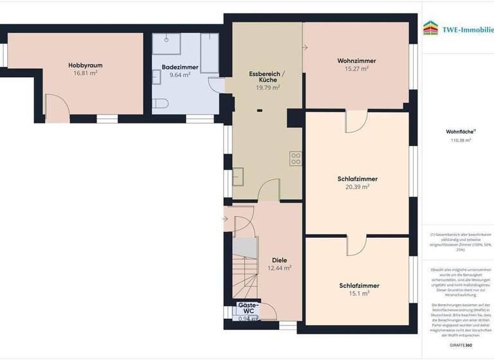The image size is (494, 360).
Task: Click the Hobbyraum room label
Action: pos(86,65)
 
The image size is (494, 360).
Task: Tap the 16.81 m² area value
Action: pos(86,73)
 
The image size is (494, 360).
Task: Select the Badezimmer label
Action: pos(180,67)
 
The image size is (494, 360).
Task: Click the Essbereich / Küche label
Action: pos(267,77)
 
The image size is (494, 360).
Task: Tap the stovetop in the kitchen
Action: pos(295,158)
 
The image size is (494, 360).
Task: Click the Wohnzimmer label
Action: pos(356,60)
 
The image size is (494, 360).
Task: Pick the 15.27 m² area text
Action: pos(356,69)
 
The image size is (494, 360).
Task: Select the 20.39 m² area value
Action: pos(357,187)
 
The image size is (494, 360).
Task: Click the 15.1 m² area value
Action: pos(359,294)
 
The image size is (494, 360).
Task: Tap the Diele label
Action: pos(279,260)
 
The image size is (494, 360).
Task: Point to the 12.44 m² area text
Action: pos(279,268)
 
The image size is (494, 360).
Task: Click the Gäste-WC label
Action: pos(248,308)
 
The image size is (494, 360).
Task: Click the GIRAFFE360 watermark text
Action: pos(460,346)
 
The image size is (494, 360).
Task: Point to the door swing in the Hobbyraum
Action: pos(58,106)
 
